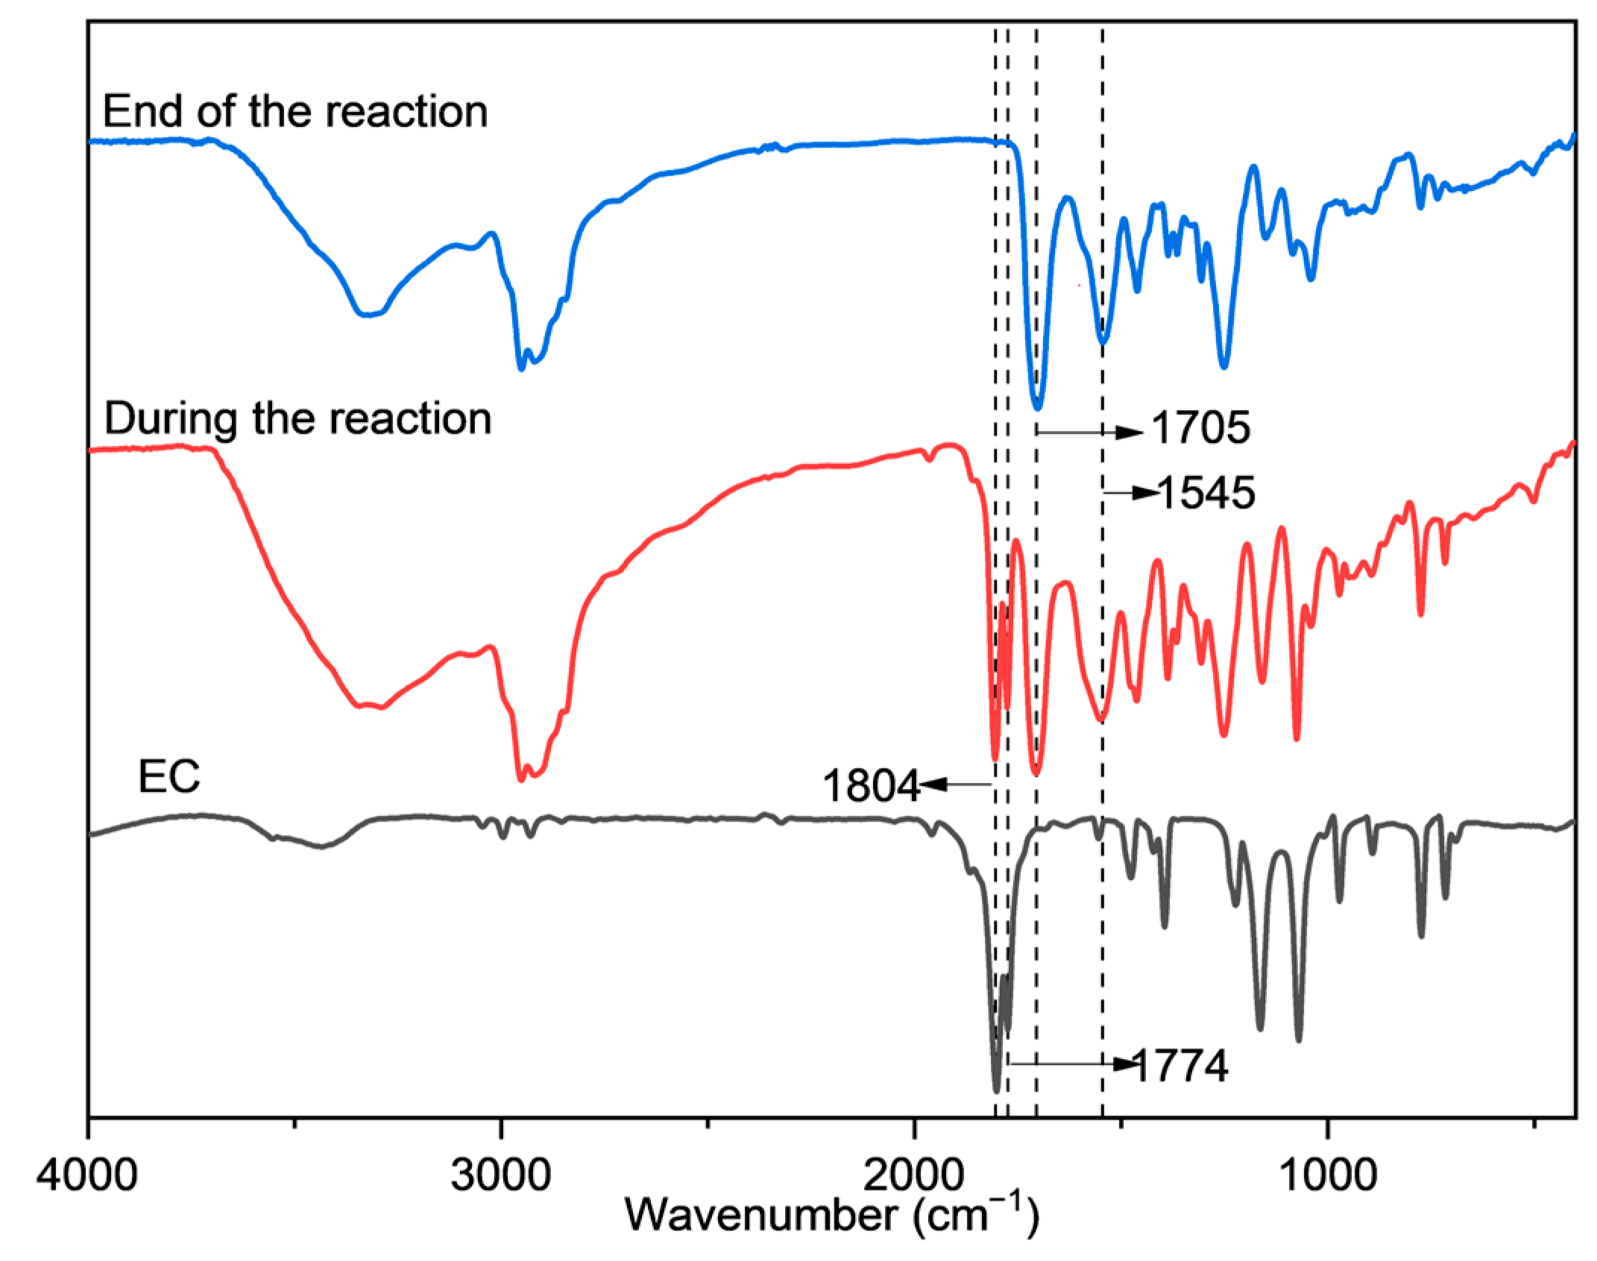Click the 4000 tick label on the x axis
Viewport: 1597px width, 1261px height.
87,1176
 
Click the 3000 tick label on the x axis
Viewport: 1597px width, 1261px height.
501,1176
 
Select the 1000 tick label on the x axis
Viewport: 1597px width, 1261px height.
1327,1176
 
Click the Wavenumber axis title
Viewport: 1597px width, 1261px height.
831,1216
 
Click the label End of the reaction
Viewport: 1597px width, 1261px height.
295,112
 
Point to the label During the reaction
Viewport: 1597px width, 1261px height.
297,418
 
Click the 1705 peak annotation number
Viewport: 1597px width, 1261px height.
1200,428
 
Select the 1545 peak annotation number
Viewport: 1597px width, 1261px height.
1206,493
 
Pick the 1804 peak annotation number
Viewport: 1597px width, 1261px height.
872,786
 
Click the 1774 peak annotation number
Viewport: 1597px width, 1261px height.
1180,1066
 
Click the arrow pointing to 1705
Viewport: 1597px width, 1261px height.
1089,432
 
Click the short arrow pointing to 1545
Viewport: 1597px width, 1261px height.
1130,492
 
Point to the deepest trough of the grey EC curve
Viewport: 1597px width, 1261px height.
997,1091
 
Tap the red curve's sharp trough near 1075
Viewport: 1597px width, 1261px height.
1297,739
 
